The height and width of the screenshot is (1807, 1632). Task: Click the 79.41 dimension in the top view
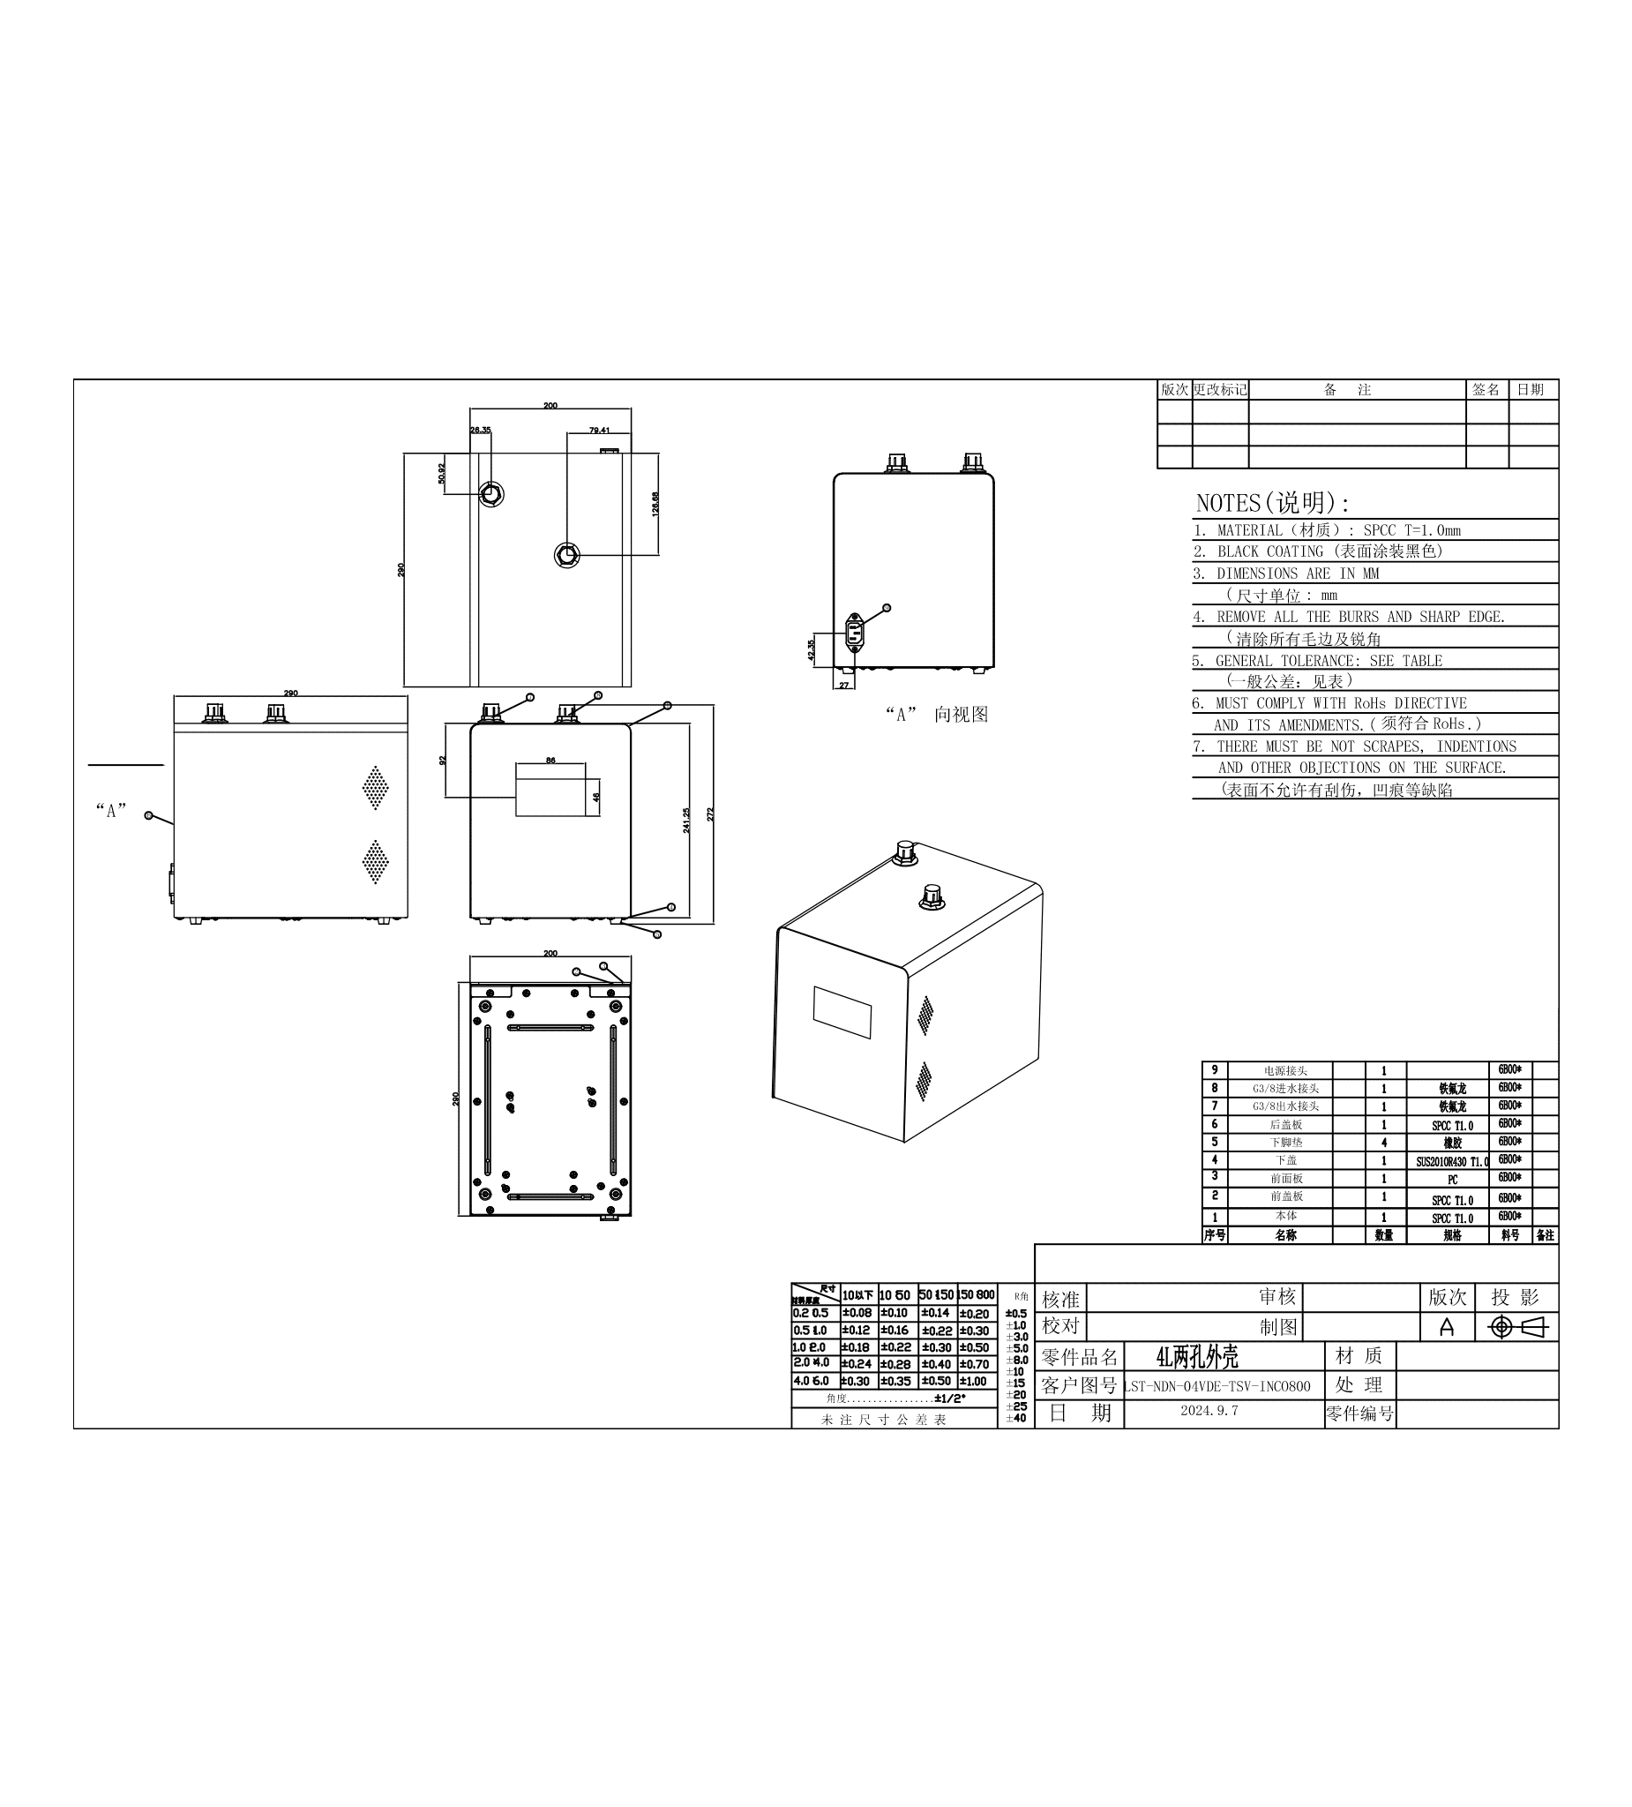tap(600, 431)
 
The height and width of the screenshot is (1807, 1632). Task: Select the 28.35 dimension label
tap(481, 431)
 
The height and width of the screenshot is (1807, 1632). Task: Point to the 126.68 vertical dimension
tap(656, 504)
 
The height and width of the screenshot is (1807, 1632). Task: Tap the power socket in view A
tap(855, 632)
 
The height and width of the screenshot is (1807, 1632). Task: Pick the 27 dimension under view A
tap(843, 685)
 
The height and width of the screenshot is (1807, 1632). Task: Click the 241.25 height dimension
tap(686, 821)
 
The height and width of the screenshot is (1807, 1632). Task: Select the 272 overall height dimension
tap(711, 814)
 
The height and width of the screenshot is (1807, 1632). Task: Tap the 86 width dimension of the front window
tap(550, 760)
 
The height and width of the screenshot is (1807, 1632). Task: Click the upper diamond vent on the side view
tap(375, 787)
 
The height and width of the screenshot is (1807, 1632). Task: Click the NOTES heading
tap(1272, 503)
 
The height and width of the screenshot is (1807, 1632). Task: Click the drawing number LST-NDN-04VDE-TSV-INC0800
tap(1217, 1387)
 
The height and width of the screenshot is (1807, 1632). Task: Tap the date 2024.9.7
tap(1209, 1411)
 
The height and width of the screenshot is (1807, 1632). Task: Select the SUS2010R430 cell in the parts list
tap(1451, 1162)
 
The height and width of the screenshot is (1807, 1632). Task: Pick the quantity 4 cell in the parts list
tap(1384, 1143)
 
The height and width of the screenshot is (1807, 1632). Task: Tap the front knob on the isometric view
tap(932, 896)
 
